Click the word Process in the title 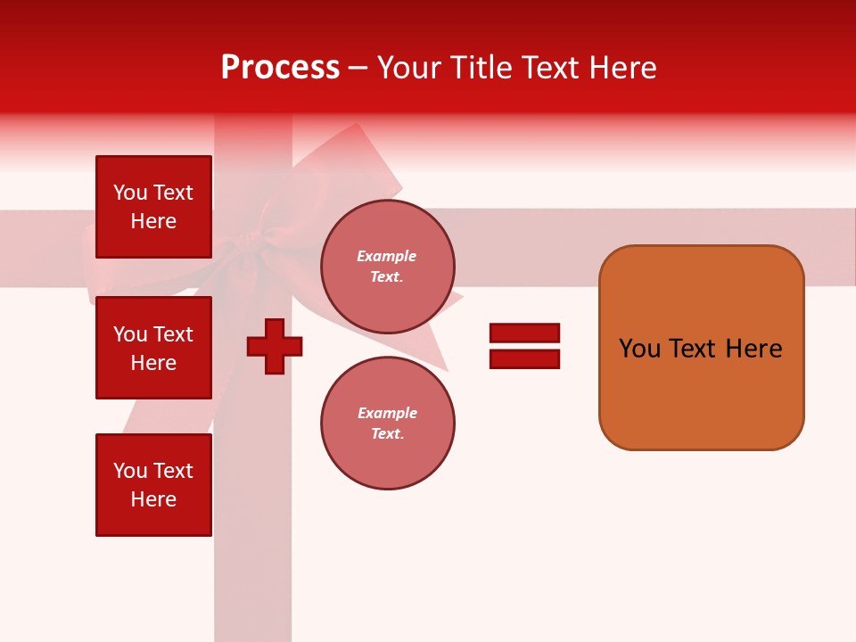tap(280, 68)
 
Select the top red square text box tap(153, 207)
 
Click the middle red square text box tap(153, 348)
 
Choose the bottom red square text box tap(153, 485)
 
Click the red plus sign tap(275, 346)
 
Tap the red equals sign tap(524, 346)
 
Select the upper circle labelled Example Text tap(387, 267)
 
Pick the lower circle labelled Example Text tap(387, 424)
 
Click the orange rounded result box tap(701, 348)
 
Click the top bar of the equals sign tap(524, 333)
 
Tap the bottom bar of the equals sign tap(524, 358)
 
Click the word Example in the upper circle tap(387, 256)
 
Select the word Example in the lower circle tap(387, 413)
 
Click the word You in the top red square tap(129, 193)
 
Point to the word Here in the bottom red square tap(153, 499)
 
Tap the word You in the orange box tap(640, 349)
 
